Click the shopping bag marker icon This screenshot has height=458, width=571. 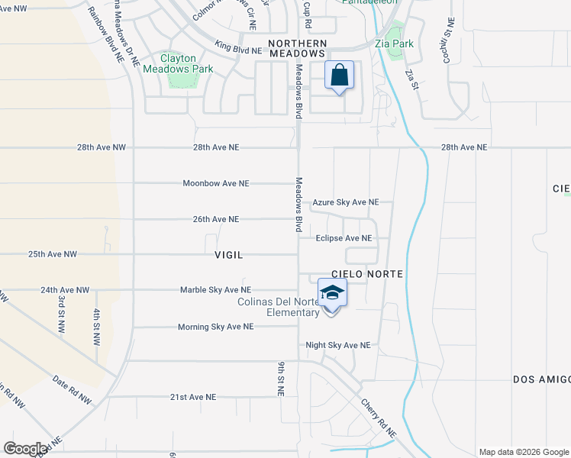(340, 76)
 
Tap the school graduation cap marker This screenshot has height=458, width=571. (332, 294)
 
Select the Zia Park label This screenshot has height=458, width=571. (395, 44)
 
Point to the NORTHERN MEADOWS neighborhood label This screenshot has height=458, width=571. (297, 48)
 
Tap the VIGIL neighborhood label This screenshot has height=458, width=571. (228, 255)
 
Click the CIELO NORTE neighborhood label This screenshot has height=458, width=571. (366, 273)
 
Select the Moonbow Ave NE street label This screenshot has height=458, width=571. (216, 183)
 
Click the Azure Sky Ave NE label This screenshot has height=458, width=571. (346, 202)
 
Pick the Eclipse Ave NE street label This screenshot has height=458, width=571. (344, 238)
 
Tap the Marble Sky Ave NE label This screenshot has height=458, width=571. (215, 290)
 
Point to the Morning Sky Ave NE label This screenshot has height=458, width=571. (215, 327)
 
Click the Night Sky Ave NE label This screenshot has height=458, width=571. (338, 345)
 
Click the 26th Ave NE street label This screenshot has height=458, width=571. (216, 219)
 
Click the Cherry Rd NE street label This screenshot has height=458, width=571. (379, 420)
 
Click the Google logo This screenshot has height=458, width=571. (25, 449)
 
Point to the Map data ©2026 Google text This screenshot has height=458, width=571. (523, 452)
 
